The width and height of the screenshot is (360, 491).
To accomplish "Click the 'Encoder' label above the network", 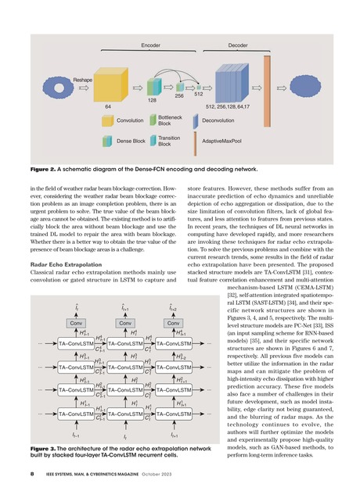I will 150,46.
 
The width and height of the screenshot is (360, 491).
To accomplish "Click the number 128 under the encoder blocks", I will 153,101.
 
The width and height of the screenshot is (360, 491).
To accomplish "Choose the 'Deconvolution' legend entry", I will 220,121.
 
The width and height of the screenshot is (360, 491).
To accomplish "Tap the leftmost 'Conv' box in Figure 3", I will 77,300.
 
